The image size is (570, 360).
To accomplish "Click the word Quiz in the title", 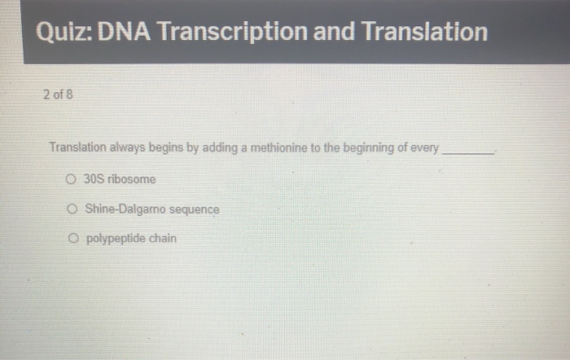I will click(x=64, y=33).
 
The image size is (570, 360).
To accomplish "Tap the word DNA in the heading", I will click(x=125, y=33).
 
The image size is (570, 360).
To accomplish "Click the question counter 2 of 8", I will click(x=58, y=94).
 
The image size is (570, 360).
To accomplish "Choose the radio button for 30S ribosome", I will click(x=72, y=179).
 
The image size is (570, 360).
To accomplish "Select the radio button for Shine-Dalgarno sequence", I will click(x=72, y=209).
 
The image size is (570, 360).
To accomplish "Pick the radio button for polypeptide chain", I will click(x=72, y=239).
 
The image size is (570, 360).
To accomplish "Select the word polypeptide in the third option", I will click(x=114, y=239).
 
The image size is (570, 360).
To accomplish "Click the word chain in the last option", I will click(x=161, y=239).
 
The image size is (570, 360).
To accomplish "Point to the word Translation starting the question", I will click(x=77, y=148).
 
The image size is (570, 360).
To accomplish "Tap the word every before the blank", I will click(x=424, y=148).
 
